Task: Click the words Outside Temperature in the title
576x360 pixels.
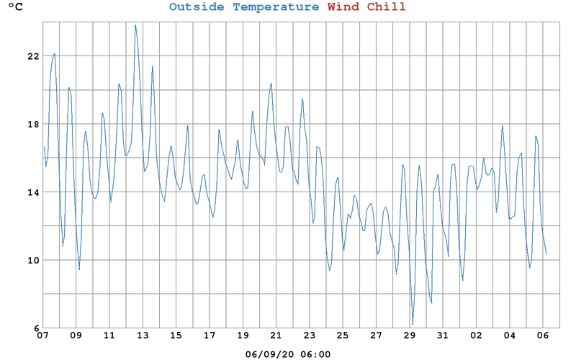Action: click(244, 7)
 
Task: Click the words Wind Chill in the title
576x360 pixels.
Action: click(366, 7)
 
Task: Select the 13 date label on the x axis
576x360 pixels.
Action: click(143, 336)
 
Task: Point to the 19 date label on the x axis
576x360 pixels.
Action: click(243, 336)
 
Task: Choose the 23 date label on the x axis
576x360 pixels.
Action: click(310, 336)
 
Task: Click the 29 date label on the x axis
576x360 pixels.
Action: click(410, 336)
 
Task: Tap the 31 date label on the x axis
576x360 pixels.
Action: click(443, 336)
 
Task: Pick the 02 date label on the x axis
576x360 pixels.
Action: click(477, 336)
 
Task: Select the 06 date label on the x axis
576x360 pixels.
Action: click(543, 336)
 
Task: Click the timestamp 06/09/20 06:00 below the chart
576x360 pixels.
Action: click(288, 354)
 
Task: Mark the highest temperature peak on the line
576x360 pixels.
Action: click(135, 25)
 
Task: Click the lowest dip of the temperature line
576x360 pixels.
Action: click(413, 324)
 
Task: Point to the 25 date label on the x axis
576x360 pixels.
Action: click(343, 336)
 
